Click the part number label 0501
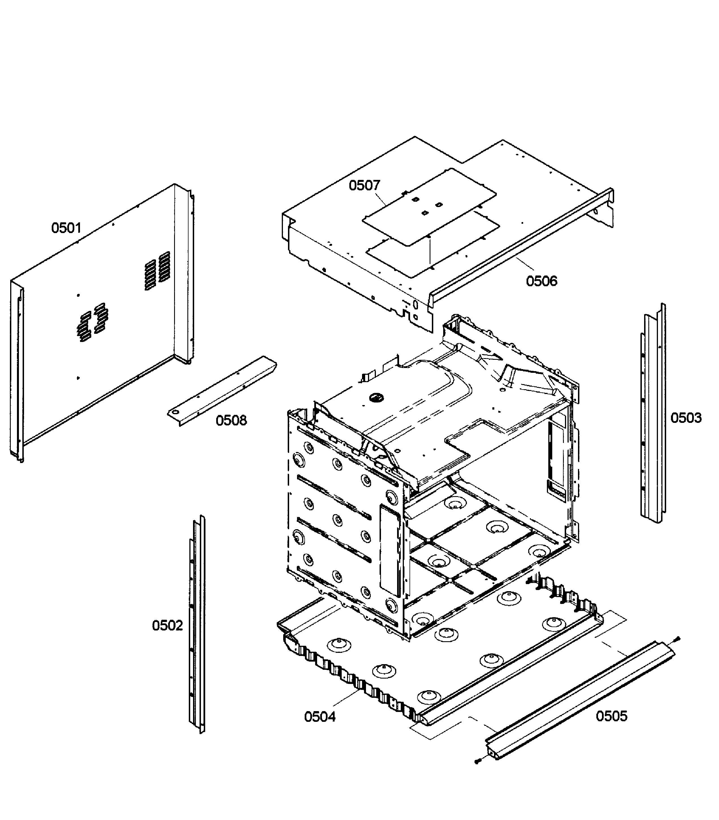[66, 228]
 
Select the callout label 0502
[167, 625]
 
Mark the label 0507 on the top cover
[364, 185]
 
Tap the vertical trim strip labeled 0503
[653, 413]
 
